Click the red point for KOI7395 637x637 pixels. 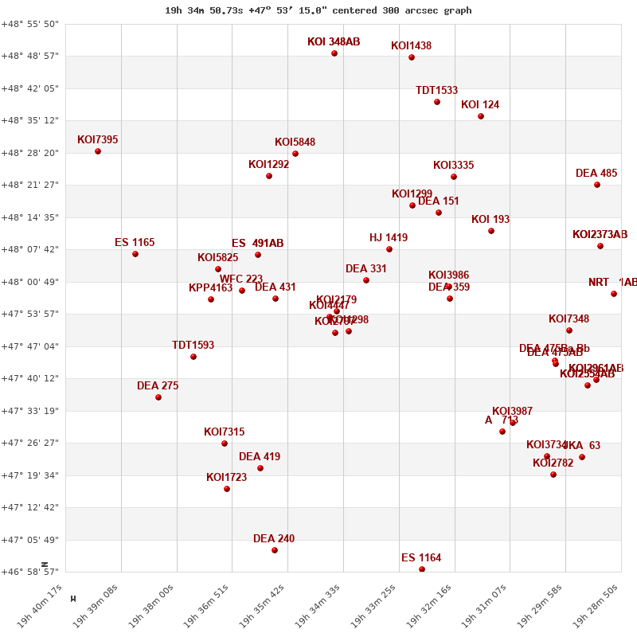click(x=98, y=151)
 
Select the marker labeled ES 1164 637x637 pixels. click(x=422, y=569)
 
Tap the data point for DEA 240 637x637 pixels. click(x=275, y=550)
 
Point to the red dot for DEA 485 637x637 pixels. click(x=597, y=185)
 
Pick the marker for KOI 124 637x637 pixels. click(x=481, y=116)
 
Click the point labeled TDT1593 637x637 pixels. click(x=193, y=357)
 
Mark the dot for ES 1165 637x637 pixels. click(x=135, y=254)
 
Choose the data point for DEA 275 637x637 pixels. click(x=158, y=397)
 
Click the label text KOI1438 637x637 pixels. click(x=411, y=46)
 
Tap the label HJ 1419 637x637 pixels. click(x=389, y=238)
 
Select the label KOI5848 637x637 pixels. click(x=295, y=143)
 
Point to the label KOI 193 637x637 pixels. click(x=490, y=220)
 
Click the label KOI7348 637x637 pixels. click(x=569, y=319)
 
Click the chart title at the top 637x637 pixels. click(x=318, y=10)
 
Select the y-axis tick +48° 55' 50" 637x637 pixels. click(x=30, y=24)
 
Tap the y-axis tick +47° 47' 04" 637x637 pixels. click(x=30, y=346)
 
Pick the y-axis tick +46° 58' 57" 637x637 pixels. click(x=30, y=572)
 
